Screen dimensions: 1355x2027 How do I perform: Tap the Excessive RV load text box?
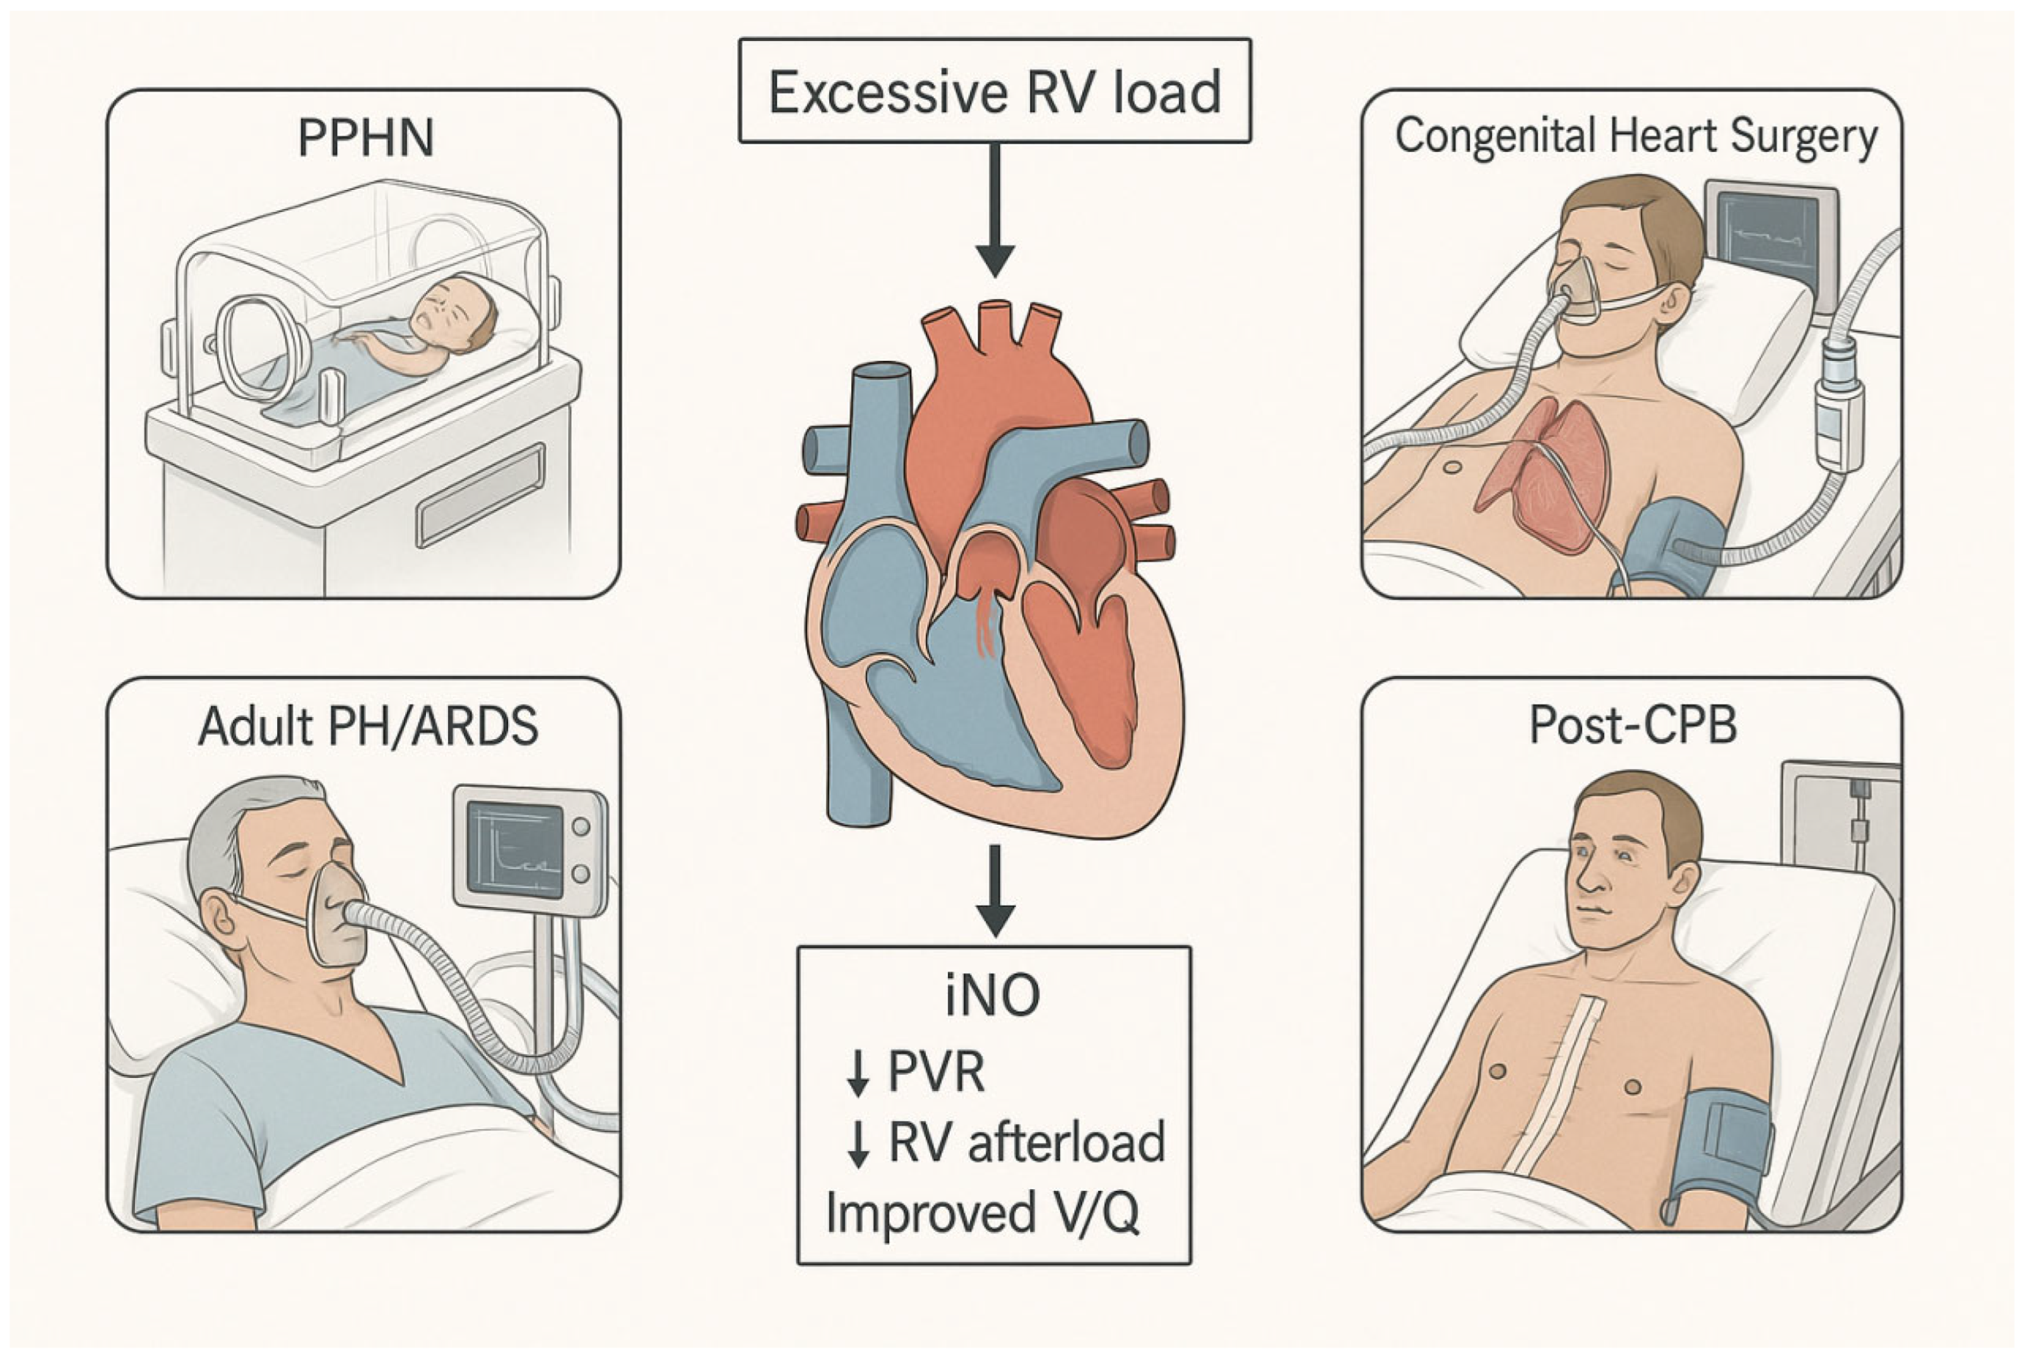[x=995, y=91]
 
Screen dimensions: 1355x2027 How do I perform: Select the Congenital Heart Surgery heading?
[x=1636, y=136]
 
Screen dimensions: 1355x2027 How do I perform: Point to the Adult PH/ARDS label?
[x=368, y=726]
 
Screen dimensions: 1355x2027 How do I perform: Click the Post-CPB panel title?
[x=1633, y=724]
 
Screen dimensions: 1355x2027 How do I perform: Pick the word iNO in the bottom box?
[x=993, y=996]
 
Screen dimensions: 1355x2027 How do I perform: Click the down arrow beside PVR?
[x=857, y=1075]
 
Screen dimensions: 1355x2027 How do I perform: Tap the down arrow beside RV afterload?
[x=857, y=1145]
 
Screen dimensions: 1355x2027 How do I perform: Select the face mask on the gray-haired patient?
[x=337, y=916]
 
